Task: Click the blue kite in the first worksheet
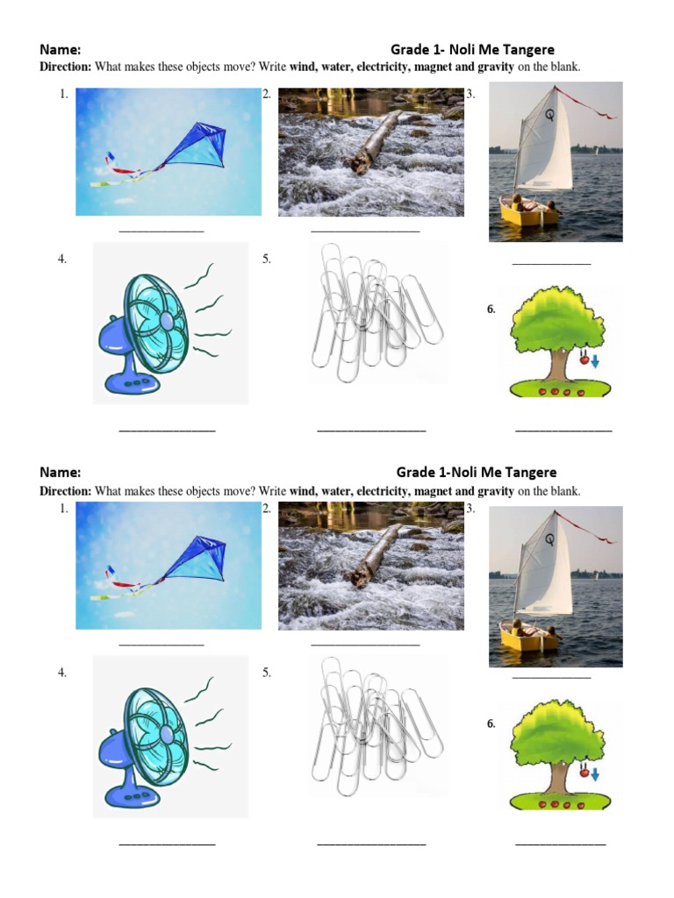(197, 146)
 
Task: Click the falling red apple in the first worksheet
(584, 360)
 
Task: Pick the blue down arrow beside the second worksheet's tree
(595, 775)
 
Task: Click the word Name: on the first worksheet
(61, 49)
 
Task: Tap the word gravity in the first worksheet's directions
(496, 67)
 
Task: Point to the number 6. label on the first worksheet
(491, 310)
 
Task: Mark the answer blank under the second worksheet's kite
(161, 645)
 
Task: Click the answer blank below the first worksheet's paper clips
(371, 430)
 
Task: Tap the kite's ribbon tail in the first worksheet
(127, 171)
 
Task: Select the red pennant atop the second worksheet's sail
(586, 526)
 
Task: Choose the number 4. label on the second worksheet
(62, 673)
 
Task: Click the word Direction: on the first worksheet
(65, 67)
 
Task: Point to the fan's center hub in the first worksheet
(167, 321)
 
